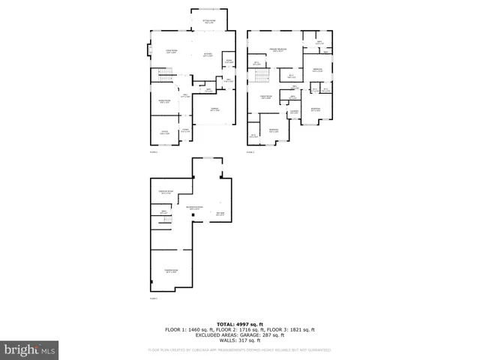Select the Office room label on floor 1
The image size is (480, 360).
[x=163, y=133]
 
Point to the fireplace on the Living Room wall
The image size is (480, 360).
[x=148, y=52]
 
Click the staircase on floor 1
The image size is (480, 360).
[x=164, y=74]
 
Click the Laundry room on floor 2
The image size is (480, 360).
[x=295, y=113]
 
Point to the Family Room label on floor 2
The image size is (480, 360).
[x=265, y=97]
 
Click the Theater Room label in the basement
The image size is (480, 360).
[x=170, y=271]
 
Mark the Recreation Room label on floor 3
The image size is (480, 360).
[x=198, y=208]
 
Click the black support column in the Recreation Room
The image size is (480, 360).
[x=193, y=216]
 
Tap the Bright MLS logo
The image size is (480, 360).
[x=29, y=349]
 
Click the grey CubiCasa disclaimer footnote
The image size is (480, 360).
[x=239, y=349]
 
